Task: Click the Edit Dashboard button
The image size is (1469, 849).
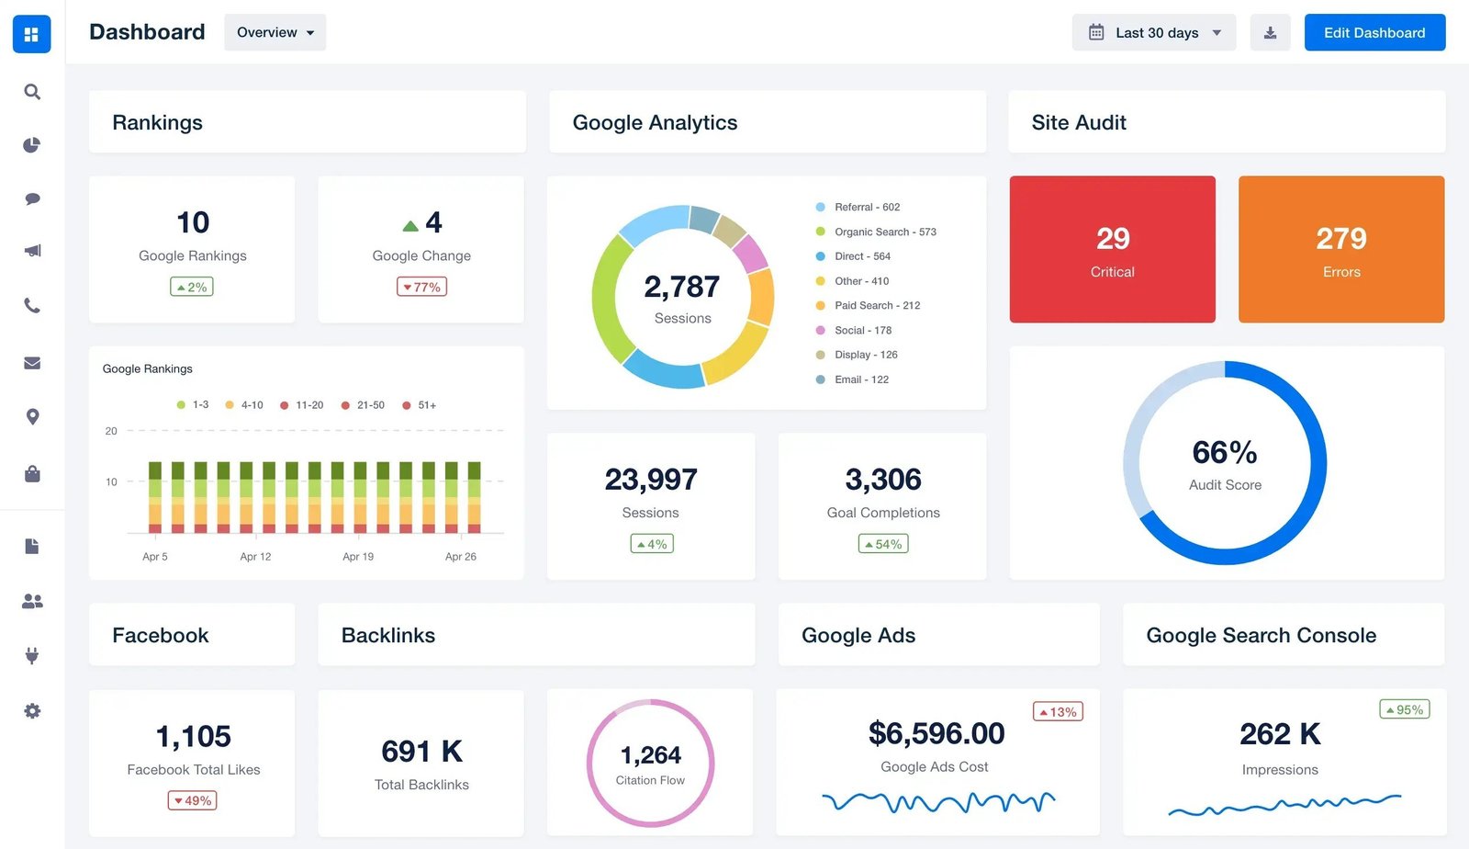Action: point(1374,33)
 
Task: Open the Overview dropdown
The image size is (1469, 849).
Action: point(275,33)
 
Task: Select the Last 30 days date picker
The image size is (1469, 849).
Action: point(1154,33)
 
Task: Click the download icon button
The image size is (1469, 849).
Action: point(1270,33)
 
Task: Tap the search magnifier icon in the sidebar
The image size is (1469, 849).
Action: point(32,92)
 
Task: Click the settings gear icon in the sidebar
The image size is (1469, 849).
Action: point(32,710)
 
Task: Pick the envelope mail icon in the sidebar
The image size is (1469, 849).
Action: point(32,363)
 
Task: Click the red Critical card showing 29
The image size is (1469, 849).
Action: point(1112,249)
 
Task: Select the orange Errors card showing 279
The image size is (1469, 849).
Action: point(1340,249)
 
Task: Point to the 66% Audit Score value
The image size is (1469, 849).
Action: point(1225,453)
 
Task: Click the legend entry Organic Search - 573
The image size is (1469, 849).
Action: point(884,232)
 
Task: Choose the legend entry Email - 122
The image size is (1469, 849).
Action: point(860,379)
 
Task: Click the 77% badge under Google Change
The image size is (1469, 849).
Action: point(421,288)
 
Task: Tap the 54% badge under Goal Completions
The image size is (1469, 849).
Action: point(883,544)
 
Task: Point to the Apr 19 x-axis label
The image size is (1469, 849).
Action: point(358,557)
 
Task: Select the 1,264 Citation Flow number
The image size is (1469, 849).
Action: point(650,755)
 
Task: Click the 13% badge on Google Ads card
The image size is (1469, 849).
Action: point(1058,712)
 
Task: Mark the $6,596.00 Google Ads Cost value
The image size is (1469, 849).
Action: point(936,733)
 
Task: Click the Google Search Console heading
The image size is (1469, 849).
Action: point(1261,635)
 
